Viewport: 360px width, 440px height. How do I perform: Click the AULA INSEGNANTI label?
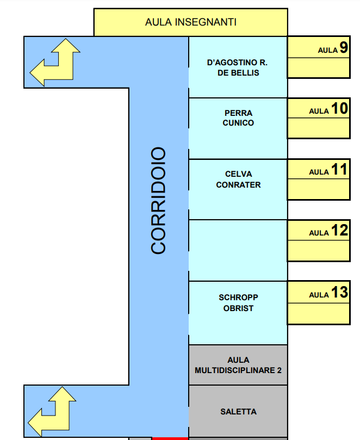(190, 22)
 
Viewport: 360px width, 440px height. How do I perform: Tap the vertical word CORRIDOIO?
(158, 200)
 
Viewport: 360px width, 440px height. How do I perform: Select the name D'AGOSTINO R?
(238, 63)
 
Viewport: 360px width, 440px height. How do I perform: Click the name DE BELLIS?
(238, 72)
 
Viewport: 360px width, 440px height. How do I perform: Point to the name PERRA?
(238, 113)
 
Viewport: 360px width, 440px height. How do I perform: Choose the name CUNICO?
(238, 123)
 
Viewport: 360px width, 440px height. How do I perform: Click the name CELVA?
(238, 174)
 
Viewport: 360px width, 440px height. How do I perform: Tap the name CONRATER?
(238, 184)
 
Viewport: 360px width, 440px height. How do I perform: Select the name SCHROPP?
(238, 298)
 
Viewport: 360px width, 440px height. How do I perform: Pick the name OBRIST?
(238, 308)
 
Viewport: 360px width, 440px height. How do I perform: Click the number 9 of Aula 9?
(344, 48)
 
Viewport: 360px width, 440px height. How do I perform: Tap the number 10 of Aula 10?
(339, 109)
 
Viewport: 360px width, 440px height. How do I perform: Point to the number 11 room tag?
(339, 170)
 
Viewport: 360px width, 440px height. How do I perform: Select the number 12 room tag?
(339, 231)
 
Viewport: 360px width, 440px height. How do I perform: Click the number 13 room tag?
(339, 293)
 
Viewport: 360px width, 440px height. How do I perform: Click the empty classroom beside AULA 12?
(238, 250)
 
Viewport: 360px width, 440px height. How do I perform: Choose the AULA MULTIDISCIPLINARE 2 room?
(238, 365)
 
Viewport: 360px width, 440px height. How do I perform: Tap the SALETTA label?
(238, 412)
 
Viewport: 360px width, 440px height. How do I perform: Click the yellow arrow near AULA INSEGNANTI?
(54, 63)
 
